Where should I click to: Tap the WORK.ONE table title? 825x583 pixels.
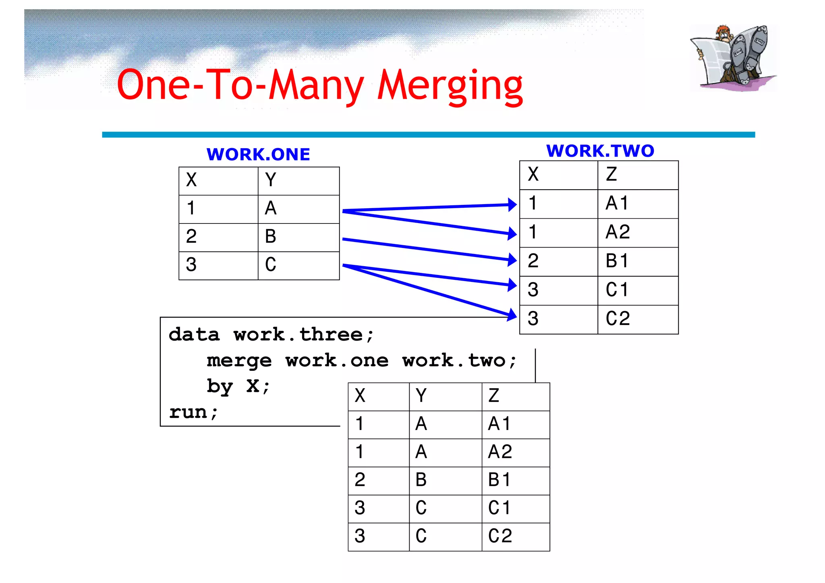[258, 155]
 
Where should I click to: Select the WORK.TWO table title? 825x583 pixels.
[600, 151]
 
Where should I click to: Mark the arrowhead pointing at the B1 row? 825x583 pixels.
[512, 260]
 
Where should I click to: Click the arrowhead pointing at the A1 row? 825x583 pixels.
[512, 205]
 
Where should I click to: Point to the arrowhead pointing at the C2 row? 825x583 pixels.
[512, 315]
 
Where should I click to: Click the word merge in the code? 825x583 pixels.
[239, 361]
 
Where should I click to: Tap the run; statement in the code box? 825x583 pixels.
[193, 412]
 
